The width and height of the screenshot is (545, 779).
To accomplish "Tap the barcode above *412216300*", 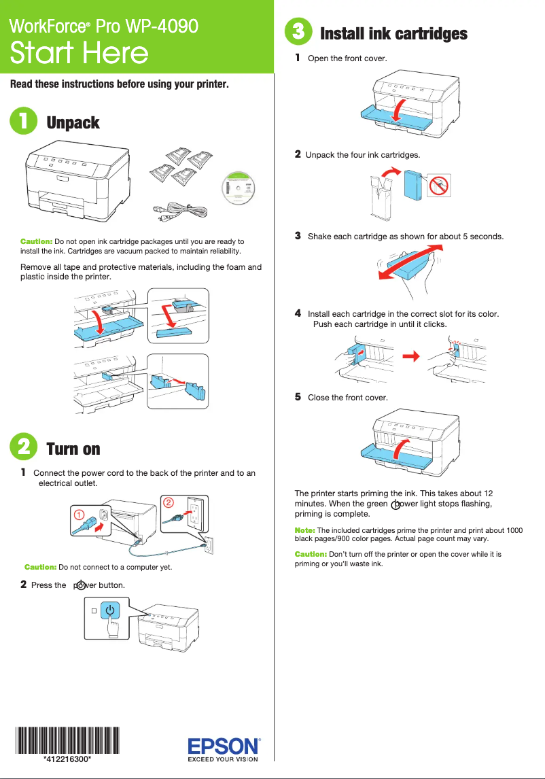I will click(x=67, y=740).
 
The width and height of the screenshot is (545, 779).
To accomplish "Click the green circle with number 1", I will click(x=24, y=122).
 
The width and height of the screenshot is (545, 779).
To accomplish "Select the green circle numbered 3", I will click(x=299, y=33).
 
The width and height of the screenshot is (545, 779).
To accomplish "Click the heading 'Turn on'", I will click(x=73, y=449).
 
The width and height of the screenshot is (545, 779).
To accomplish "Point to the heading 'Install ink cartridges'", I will click(x=393, y=33).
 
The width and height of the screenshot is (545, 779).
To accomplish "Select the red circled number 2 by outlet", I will click(x=168, y=502).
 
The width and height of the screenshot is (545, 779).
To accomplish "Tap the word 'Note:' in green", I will click(x=304, y=530).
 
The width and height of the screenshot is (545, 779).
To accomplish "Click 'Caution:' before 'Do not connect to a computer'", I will click(x=40, y=566).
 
